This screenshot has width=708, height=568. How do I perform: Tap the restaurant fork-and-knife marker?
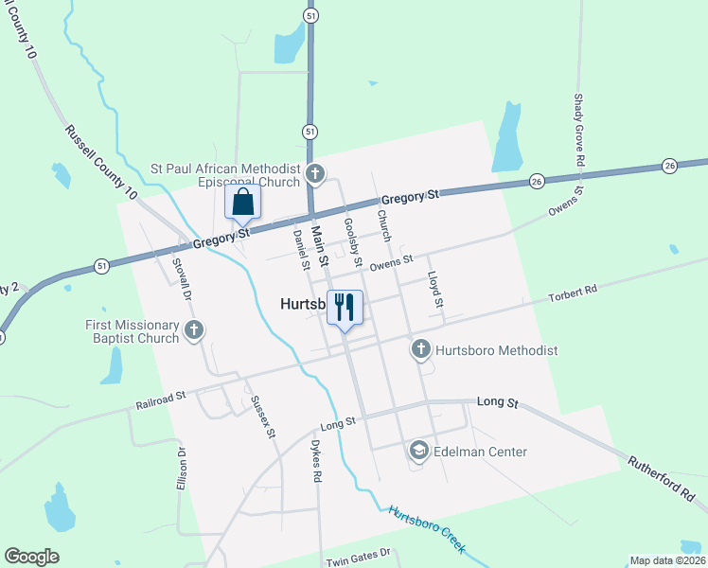pos(345,307)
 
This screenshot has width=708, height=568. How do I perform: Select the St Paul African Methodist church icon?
pos(316,174)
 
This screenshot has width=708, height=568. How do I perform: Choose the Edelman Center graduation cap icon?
pos(418,452)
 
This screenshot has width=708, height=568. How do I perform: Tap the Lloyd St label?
pos(435,292)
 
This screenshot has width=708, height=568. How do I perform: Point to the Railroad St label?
pos(161,401)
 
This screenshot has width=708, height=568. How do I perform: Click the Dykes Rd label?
pos(317,462)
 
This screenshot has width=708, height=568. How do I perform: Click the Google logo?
pos(31,557)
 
